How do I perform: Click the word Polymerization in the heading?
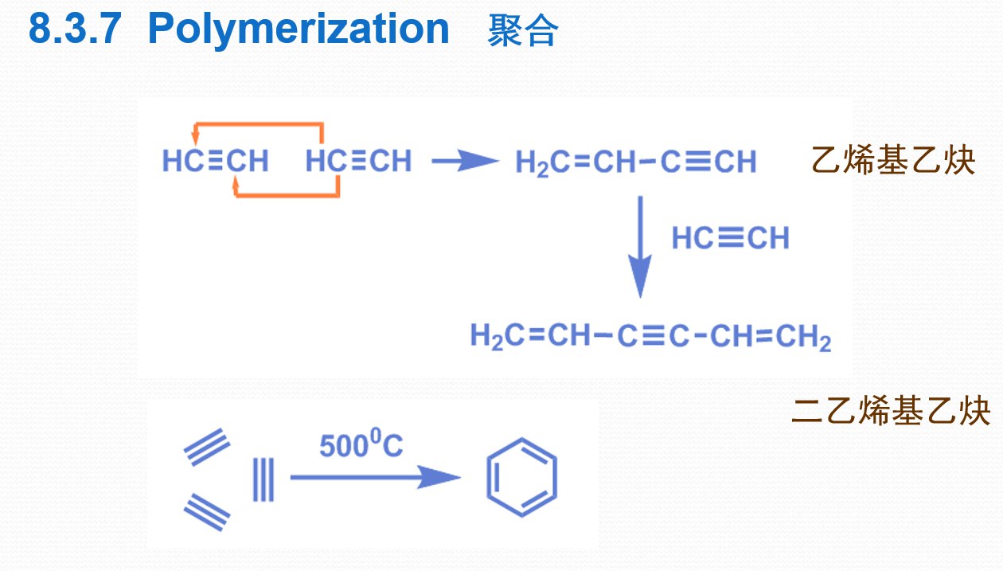pos(299,30)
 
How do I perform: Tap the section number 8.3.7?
pos(75,29)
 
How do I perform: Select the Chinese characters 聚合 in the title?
pos(523,30)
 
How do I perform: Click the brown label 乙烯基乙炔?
pos(893,160)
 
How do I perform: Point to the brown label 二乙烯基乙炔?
pos(891,410)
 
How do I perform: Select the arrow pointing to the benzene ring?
pos(375,477)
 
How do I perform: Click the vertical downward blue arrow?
pos(640,247)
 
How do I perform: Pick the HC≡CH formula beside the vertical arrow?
pos(730,238)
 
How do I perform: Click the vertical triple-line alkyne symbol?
pos(263,479)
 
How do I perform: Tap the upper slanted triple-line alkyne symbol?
pos(207,447)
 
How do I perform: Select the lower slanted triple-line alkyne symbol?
pos(207,512)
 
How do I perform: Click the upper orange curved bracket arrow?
pos(259,123)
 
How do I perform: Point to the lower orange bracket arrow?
pos(287,195)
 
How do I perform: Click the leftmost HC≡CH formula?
pos(216,161)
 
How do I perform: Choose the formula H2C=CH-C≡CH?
pos(636,162)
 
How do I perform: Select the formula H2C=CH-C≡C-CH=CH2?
pos(650,337)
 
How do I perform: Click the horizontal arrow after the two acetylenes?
pos(466,161)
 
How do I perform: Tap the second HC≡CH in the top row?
pos(359,161)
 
